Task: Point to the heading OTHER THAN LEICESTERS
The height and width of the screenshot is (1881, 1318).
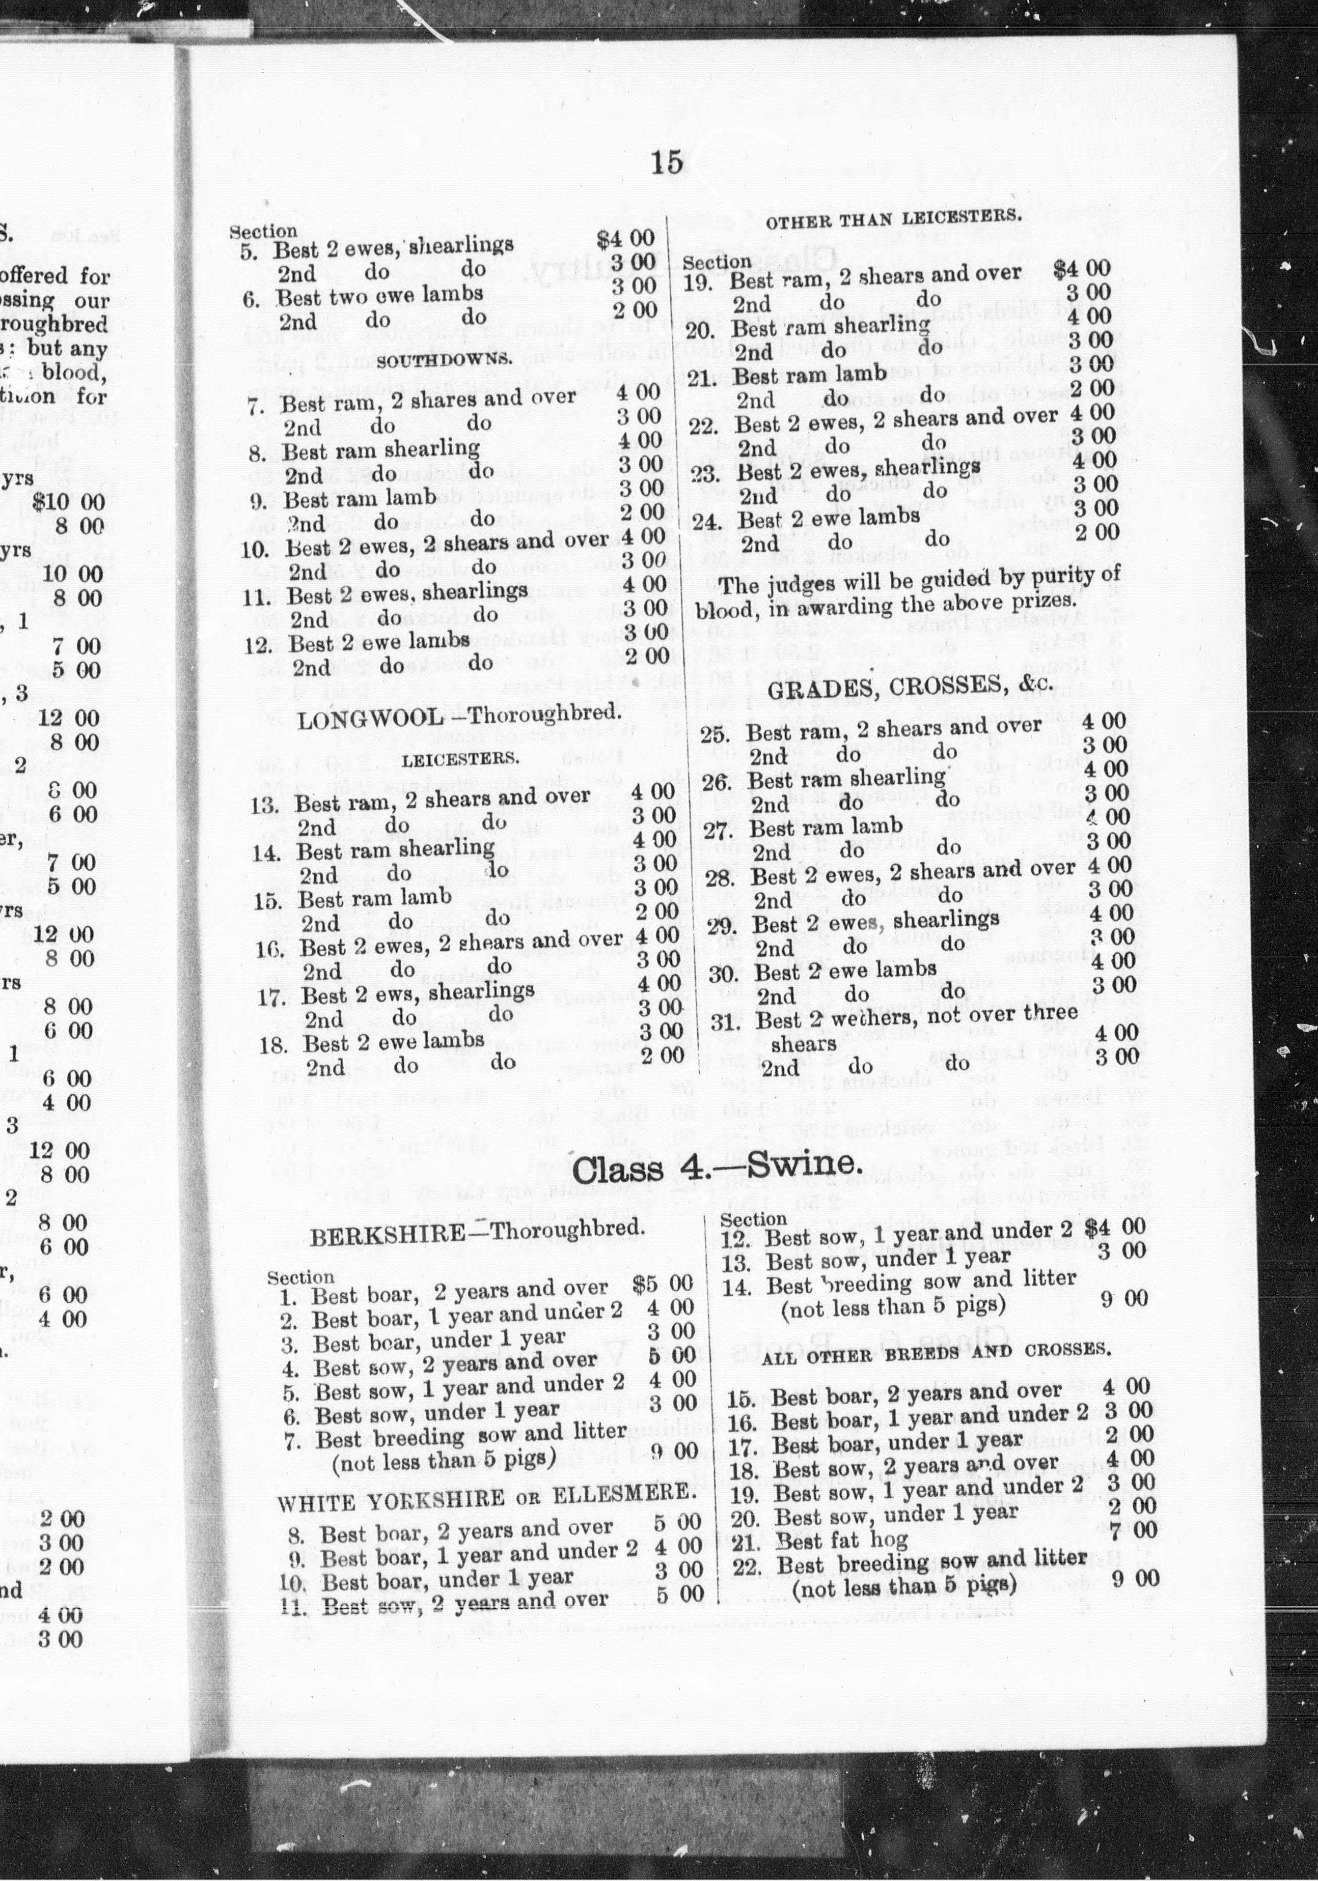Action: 893,219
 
